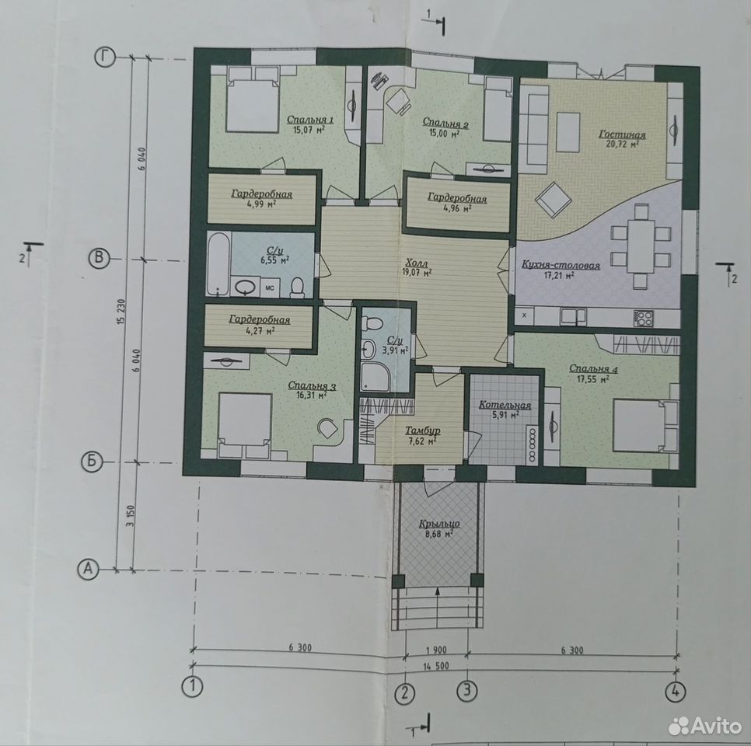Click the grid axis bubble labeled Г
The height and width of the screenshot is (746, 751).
(x=104, y=58)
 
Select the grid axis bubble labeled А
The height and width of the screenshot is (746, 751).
(x=88, y=570)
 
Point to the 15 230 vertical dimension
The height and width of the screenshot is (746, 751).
(x=119, y=312)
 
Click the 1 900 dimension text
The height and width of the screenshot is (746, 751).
(x=436, y=650)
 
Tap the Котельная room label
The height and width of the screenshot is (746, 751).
(x=505, y=405)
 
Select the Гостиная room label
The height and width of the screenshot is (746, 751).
(x=622, y=134)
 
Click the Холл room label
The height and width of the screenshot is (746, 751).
(x=415, y=263)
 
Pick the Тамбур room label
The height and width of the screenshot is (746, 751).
(x=422, y=431)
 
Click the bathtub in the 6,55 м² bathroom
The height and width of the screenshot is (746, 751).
(x=218, y=263)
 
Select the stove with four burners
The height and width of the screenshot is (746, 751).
(x=643, y=318)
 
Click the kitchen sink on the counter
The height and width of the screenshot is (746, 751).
(x=573, y=316)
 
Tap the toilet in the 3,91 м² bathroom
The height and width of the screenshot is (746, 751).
(x=371, y=323)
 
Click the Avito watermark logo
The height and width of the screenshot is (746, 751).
(x=704, y=726)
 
